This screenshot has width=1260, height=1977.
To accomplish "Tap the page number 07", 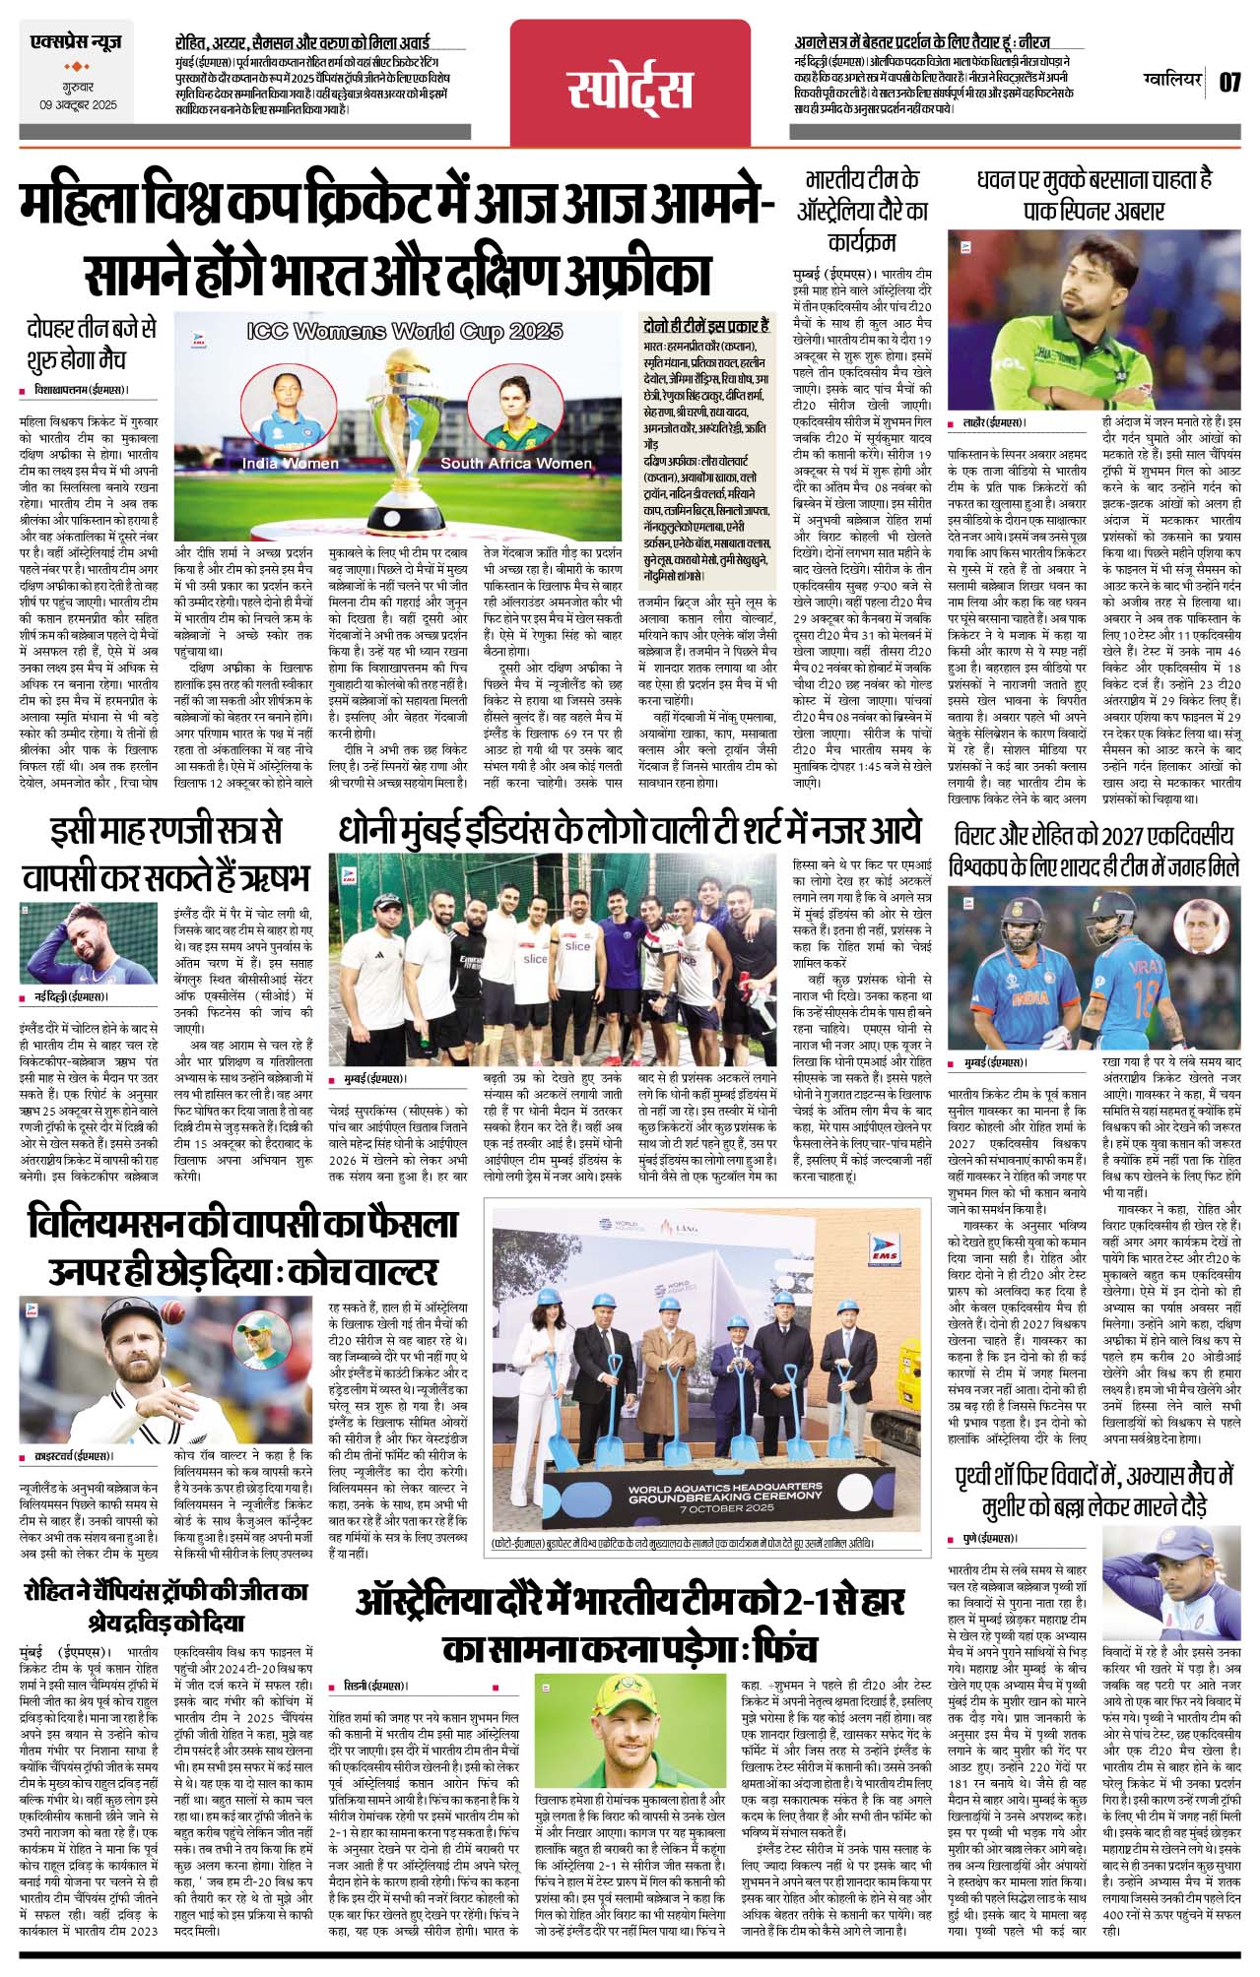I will pyautogui.click(x=1229, y=82).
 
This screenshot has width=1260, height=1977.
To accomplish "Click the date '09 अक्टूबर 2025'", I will pyautogui.click(x=78, y=104).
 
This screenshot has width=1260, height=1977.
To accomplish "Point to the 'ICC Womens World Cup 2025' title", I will pyautogui.click(x=405, y=332).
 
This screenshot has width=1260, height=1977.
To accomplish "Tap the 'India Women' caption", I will pyautogui.click(x=291, y=463).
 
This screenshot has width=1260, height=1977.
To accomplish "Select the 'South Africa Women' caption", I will pyautogui.click(x=516, y=463).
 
